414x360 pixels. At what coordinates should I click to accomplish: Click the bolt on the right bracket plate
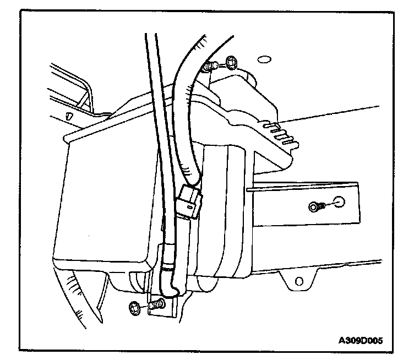click(315, 206)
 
